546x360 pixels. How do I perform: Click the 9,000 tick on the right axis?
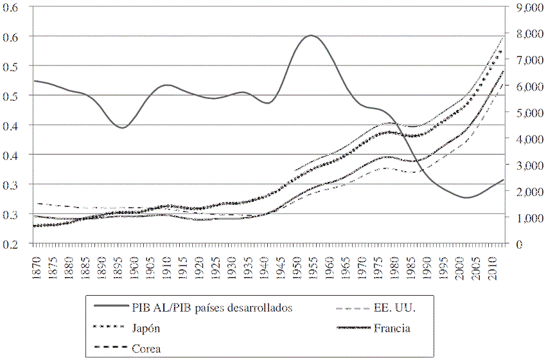(526, 8)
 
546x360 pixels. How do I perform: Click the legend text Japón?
(146, 328)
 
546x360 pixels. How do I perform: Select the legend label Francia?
(391, 328)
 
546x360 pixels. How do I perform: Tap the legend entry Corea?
(146, 349)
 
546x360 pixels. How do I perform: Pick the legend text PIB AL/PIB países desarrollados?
(213, 307)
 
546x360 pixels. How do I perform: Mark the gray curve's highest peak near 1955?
(311, 35)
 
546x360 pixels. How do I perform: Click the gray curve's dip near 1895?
(122, 127)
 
